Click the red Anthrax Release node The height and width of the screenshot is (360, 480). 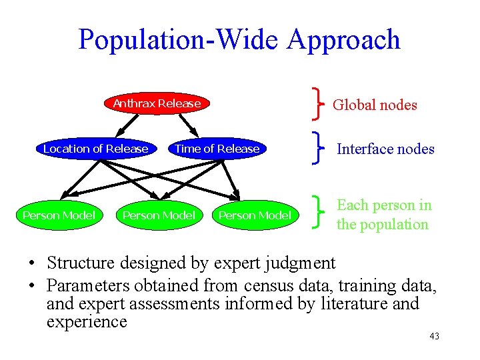click(x=157, y=103)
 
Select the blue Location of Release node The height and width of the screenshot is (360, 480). click(x=95, y=149)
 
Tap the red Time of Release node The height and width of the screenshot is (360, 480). click(x=217, y=149)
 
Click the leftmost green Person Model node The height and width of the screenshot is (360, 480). click(x=59, y=215)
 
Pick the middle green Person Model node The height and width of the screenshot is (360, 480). click(x=159, y=215)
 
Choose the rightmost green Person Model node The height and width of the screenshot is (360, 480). click(x=255, y=215)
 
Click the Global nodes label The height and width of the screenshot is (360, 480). click(x=375, y=105)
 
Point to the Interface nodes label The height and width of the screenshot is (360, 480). click(x=385, y=149)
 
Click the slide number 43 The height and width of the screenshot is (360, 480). click(x=434, y=336)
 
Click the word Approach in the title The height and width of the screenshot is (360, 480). click(x=344, y=39)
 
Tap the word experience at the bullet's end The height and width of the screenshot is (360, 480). click(x=87, y=321)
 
